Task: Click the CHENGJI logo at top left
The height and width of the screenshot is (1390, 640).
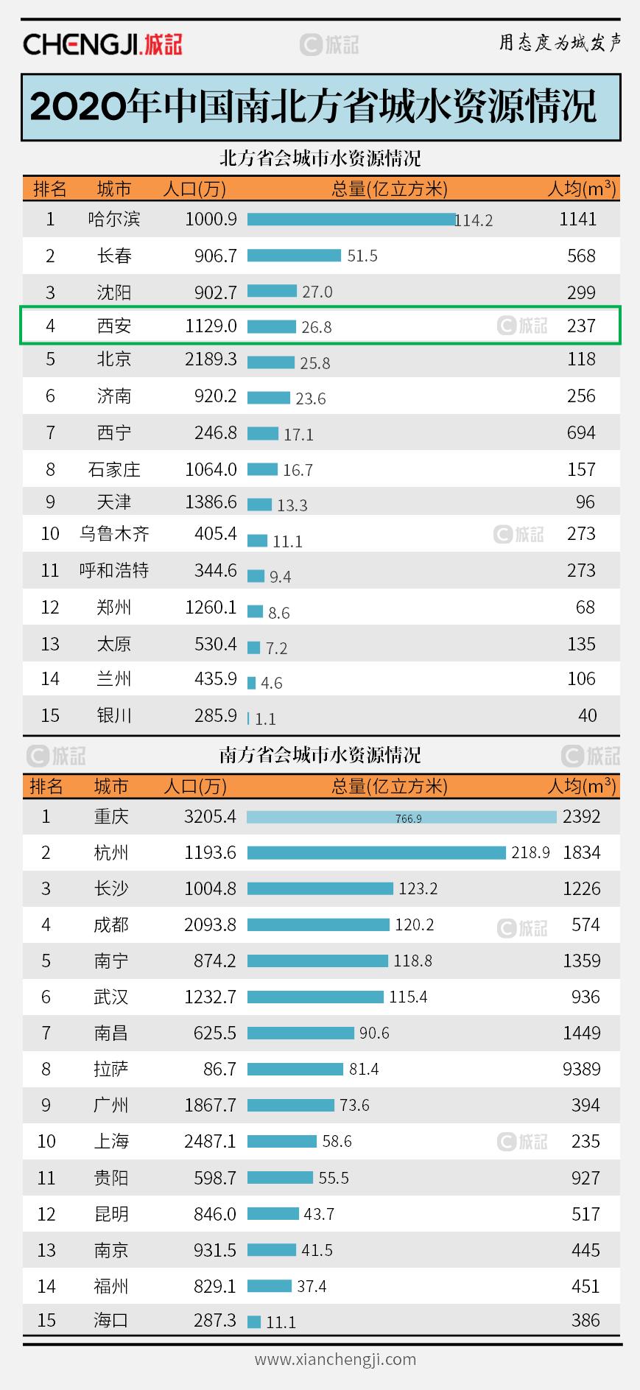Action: tap(102, 44)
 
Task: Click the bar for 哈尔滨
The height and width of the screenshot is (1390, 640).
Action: tap(351, 220)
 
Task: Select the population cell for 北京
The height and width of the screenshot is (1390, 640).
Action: tap(211, 359)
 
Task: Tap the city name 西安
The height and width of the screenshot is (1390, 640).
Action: tap(114, 326)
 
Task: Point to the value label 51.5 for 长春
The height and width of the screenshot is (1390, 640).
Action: tap(362, 256)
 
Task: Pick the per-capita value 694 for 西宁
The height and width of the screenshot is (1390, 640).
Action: tap(581, 432)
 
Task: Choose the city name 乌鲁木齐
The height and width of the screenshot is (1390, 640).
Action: tap(114, 533)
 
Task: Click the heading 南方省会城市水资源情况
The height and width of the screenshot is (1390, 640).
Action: tap(320, 755)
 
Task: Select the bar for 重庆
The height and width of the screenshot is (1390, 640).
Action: tap(401, 817)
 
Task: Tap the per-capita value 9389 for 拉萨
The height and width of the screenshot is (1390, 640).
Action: tap(581, 1069)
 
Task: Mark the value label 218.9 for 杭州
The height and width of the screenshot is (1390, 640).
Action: tap(530, 852)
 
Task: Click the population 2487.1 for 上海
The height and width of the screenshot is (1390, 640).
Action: tap(210, 1141)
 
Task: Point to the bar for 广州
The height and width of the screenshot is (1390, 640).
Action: tap(290, 1105)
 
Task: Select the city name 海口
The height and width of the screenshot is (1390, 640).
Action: tap(111, 1320)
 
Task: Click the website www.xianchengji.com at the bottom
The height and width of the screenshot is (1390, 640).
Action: tap(335, 1359)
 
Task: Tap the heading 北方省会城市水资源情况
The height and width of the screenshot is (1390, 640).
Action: tap(320, 158)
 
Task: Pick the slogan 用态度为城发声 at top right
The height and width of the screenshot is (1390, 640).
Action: tap(560, 43)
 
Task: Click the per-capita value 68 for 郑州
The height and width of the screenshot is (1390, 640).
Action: tap(586, 607)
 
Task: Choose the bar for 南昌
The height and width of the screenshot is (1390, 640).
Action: tap(300, 1033)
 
